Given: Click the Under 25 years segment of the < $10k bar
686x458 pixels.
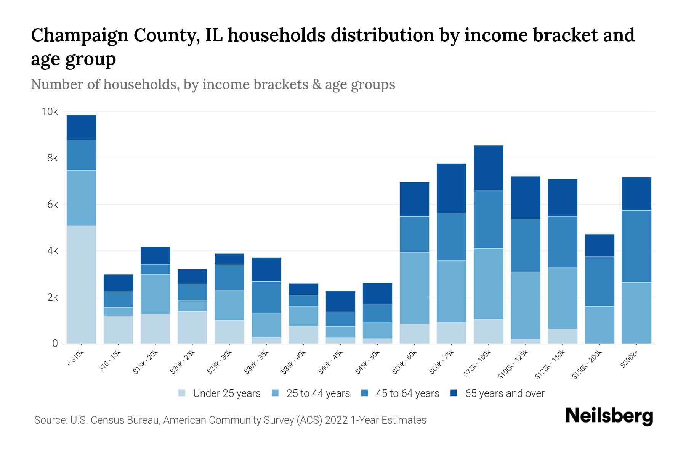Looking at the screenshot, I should (x=81, y=284).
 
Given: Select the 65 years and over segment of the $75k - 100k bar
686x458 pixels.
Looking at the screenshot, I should (x=488, y=168).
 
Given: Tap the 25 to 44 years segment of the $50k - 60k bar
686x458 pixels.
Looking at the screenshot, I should (x=414, y=288).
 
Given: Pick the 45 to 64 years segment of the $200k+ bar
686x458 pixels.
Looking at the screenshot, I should (x=636, y=246).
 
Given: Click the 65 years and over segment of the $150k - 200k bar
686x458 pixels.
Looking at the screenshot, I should (x=599, y=245).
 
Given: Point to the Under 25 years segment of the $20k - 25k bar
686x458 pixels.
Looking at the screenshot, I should (x=192, y=327).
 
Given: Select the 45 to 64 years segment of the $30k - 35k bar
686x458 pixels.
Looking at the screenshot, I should (x=266, y=297).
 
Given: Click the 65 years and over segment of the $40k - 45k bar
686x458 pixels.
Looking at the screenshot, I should (x=340, y=301).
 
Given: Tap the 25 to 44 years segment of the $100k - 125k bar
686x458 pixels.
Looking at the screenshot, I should (x=525, y=305).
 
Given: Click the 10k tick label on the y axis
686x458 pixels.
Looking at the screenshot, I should (x=50, y=112).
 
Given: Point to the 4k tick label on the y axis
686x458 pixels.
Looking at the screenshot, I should (x=52, y=251).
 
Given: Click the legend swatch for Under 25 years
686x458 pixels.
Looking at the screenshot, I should (x=182, y=393).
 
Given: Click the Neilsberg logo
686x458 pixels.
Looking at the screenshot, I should (x=609, y=416).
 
